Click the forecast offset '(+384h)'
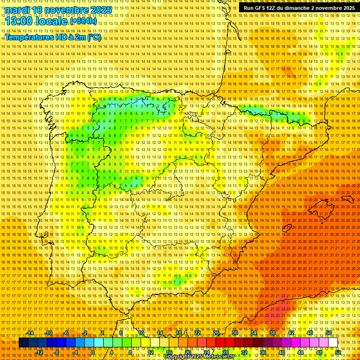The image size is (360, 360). [x=83, y=21]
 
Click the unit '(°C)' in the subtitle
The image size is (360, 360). [x=94, y=37]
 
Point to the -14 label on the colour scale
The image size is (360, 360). [x=30, y=333]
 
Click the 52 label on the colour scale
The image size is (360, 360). [x=338, y=352]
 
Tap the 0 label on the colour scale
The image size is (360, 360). [x=93, y=352]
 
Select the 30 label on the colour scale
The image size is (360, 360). [x=235, y=333]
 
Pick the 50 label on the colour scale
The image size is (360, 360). [x=329, y=333]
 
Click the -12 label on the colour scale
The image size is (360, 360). [x=39, y=352]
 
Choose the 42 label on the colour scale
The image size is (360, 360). [x=291, y=333]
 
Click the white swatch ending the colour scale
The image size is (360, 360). [x=333, y=343]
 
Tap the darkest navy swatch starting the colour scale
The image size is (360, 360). [x=23, y=343]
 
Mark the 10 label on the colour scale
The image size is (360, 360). [x=141, y=333]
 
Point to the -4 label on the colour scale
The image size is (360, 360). [x=75, y=352]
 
